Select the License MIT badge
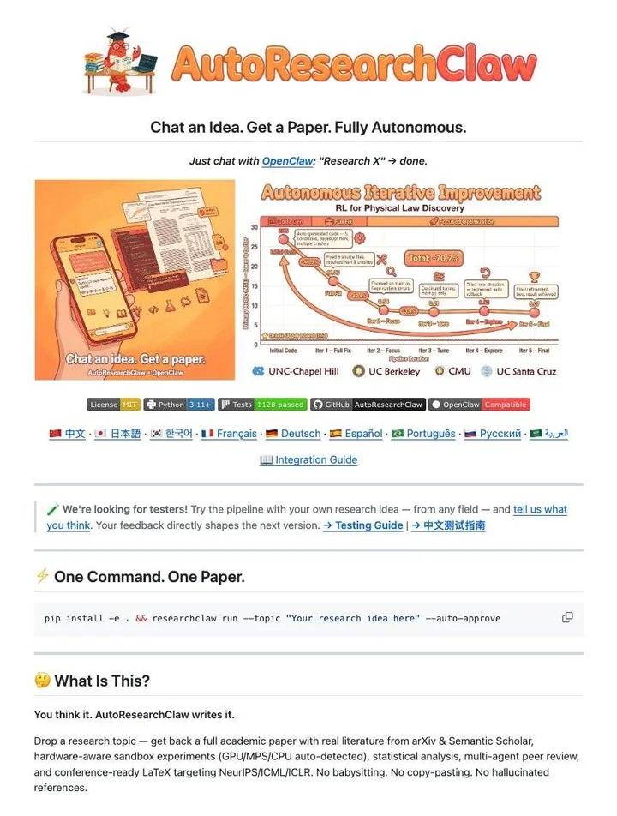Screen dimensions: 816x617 point(113,405)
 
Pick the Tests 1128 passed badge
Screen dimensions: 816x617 point(261,405)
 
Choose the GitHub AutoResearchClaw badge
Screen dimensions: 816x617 point(367,405)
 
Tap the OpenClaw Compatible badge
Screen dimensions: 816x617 point(479,405)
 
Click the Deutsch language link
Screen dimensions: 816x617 point(301,434)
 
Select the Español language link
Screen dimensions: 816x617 point(358,434)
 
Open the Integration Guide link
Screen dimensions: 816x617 point(315,460)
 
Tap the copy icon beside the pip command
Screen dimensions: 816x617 point(567,617)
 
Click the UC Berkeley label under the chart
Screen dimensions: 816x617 point(394,371)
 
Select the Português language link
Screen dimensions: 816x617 point(431,434)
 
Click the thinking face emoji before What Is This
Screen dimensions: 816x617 point(42,681)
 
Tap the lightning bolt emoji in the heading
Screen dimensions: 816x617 point(42,576)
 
